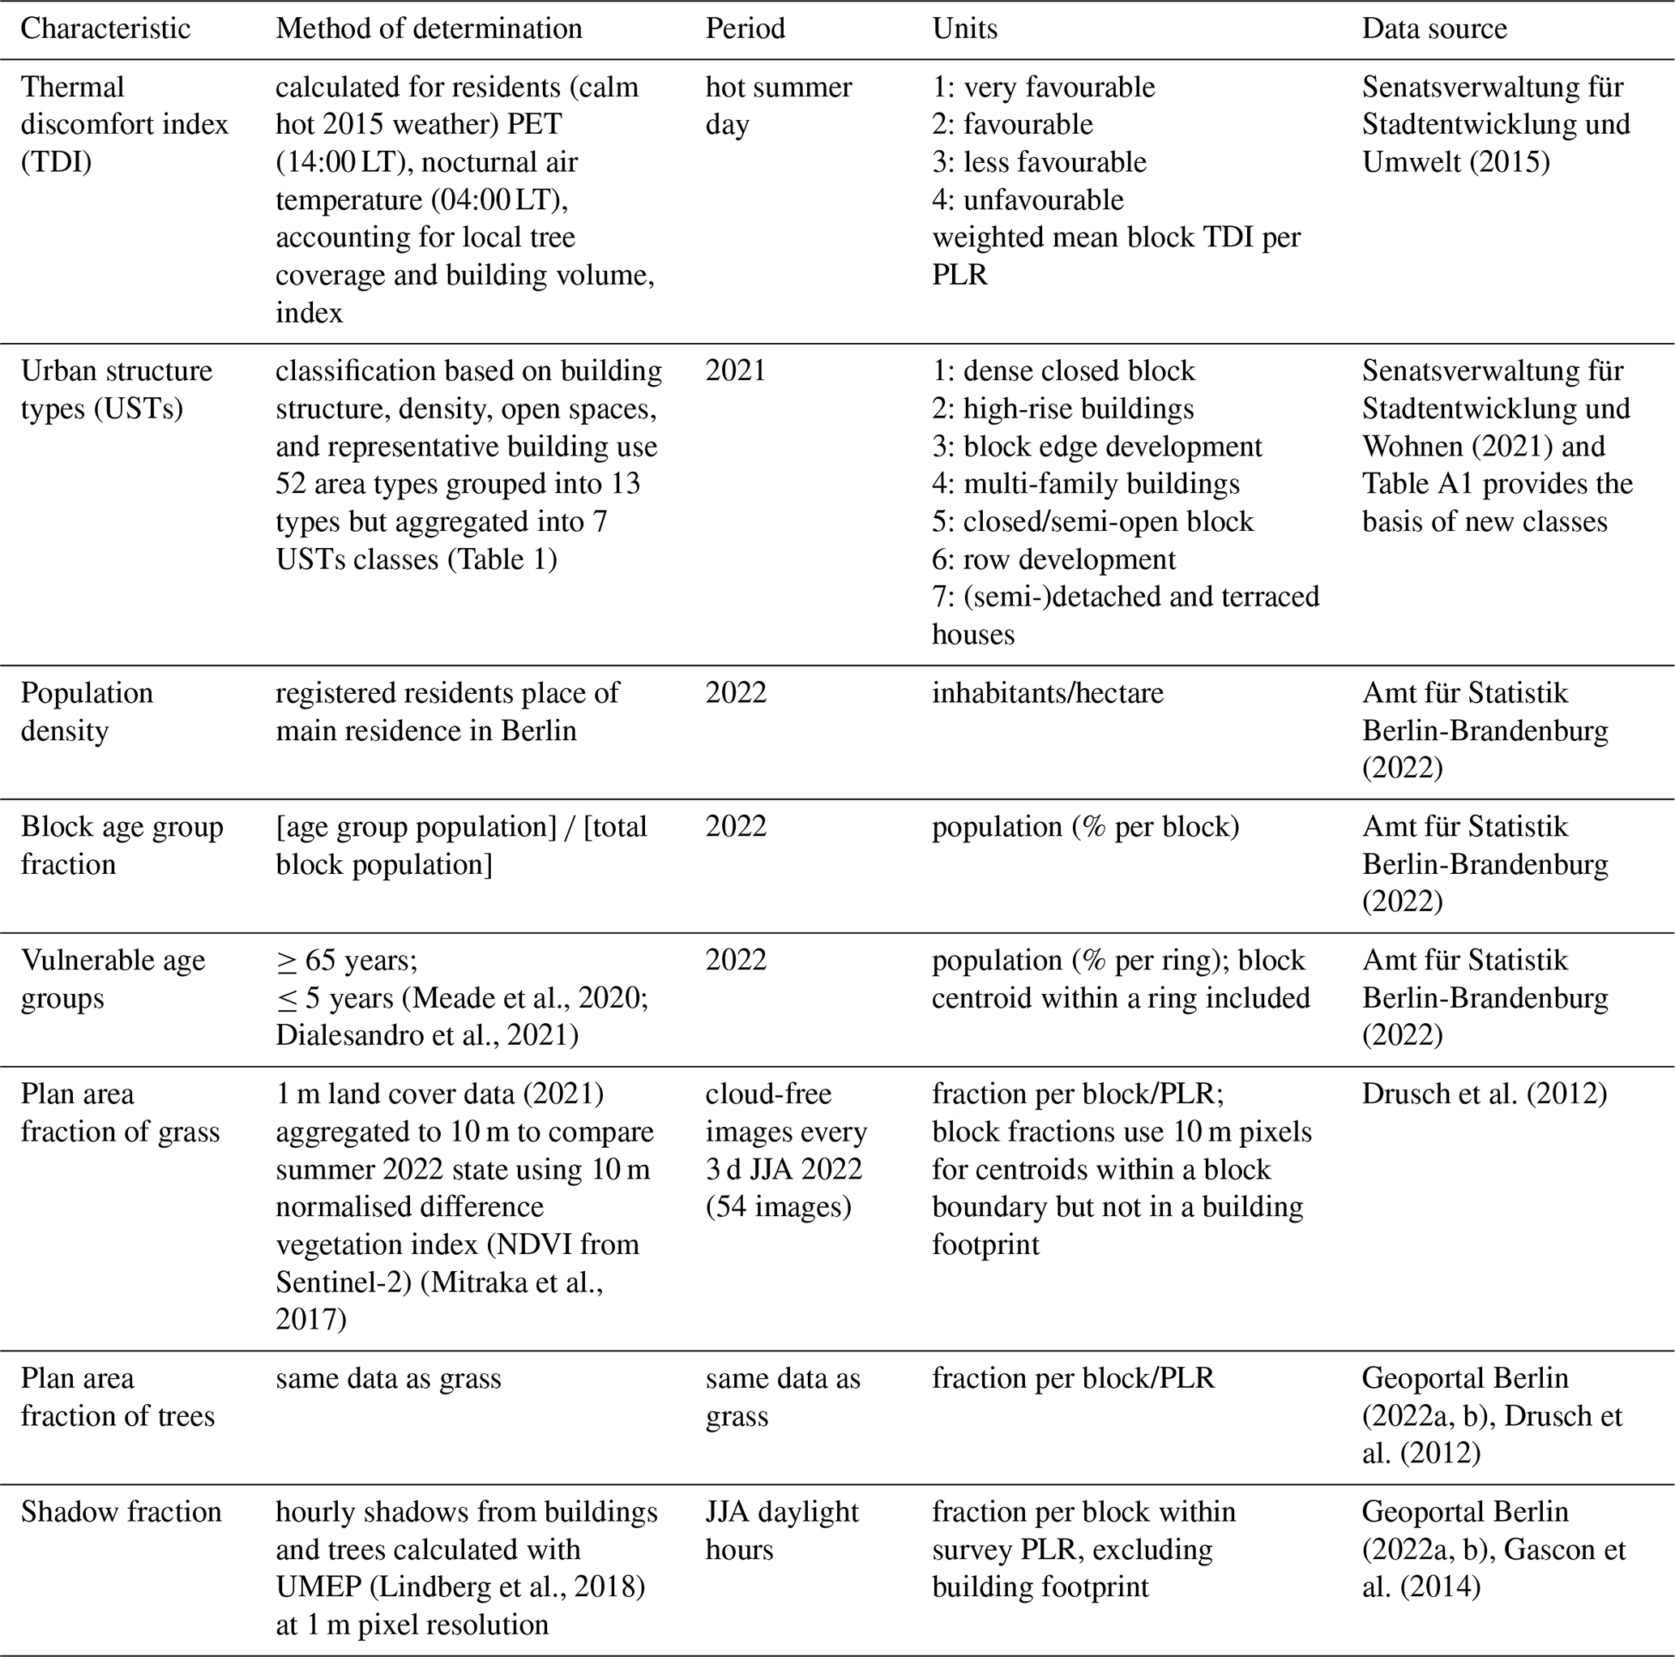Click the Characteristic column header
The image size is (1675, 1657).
(x=105, y=28)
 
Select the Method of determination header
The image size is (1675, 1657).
(x=429, y=28)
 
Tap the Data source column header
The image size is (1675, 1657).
(x=1434, y=28)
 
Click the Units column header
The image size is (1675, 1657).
(x=964, y=28)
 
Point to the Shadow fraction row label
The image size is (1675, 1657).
(x=122, y=1511)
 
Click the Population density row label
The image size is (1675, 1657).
(x=87, y=711)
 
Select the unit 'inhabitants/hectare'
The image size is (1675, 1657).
(x=1047, y=693)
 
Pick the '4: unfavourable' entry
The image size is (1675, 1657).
(x=1028, y=199)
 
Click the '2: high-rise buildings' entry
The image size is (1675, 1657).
(x=1062, y=409)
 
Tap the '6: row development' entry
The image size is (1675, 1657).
(x=1053, y=559)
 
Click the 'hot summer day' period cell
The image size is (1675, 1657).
(x=778, y=105)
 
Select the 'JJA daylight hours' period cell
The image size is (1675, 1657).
(x=781, y=1530)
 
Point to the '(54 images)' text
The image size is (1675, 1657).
(x=778, y=1206)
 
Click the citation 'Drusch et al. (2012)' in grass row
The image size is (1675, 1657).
(x=1484, y=1094)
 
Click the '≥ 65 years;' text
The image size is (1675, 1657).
(x=347, y=961)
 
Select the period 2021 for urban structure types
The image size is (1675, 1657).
(x=735, y=371)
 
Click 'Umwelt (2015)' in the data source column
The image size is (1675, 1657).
(x=1455, y=162)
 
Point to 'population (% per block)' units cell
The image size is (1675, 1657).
(x=1084, y=826)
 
